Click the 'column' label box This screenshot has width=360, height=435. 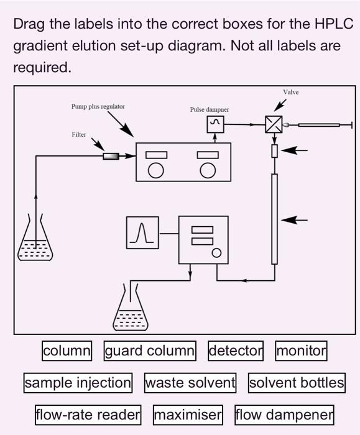tap(67, 350)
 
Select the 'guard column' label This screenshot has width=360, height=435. tap(150, 350)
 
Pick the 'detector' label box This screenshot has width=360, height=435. tap(236, 350)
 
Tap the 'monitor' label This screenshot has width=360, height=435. tap(301, 350)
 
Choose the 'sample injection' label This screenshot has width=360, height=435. tap(78, 382)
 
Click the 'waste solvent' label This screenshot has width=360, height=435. tap(190, 382)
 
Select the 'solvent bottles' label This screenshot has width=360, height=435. tap(297, 382)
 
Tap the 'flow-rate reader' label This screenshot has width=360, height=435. tap(88, 413)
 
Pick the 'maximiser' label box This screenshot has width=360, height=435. tap(188, 413)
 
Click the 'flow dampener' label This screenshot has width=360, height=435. tap(284, 413)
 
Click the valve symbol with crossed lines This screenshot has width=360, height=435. tap(274, 125)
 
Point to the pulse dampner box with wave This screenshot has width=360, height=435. tap(215, 124)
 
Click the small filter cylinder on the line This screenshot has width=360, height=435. tap(111, 155)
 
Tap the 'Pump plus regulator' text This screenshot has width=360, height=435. tap(98, 106)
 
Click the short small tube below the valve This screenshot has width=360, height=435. tap(274, 150)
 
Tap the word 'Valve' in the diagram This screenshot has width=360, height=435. tap(290, 92)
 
